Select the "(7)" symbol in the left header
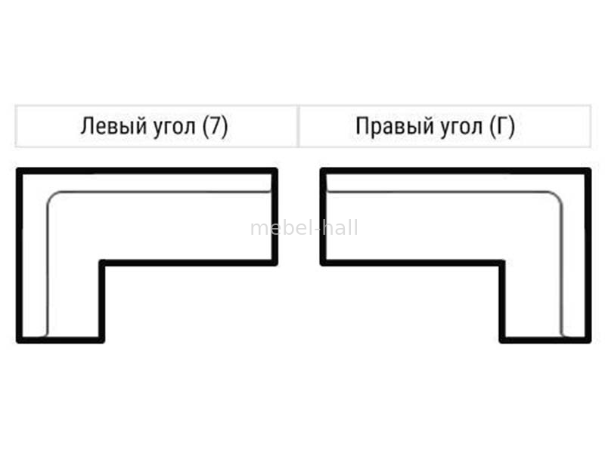tap(215, 127)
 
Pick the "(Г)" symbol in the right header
tap(502, 127)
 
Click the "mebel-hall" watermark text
tap(304, 228)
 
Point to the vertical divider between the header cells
tap(298, 127)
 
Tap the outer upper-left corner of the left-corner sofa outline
tap(19, 171)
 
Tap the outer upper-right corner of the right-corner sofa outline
tap(588, 171)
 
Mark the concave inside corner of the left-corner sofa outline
tap(102, 263)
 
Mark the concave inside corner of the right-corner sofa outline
tap(502, 263)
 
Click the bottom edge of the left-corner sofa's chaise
tap(60, 340)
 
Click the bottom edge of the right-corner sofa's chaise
tap(544, 340)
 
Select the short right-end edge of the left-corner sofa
tap(275, 217)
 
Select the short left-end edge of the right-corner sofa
tap(323, 217)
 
